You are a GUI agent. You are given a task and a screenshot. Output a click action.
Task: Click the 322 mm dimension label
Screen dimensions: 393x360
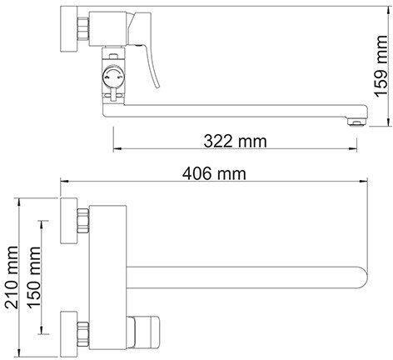pyautogui.click(x=235, y=141)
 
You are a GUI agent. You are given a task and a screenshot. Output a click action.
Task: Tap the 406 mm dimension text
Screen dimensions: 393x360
pyautogui.click(x=214, y=174)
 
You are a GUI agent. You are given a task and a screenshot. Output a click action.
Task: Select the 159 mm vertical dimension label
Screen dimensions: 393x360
pyautogui.click(x=381, y=67)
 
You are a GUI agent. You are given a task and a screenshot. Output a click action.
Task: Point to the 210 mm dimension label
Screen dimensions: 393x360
pyautogui.click(x=12, y=277)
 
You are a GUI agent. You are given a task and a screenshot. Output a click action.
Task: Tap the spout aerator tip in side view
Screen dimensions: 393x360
pyautogui.click(x=356, y=122)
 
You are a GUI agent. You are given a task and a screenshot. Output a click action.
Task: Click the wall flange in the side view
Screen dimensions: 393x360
pyautogui.click(x=69, y=28)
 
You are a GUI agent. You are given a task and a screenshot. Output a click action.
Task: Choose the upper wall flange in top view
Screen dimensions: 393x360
pyautogui.click(x=69, y=221)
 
